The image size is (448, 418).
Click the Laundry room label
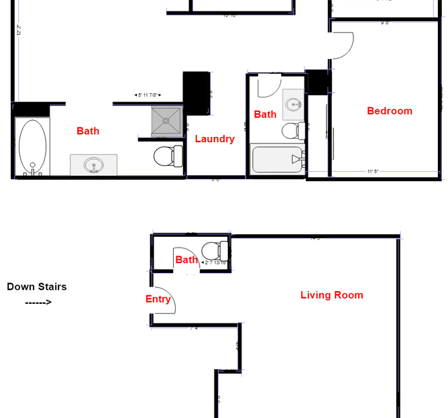(x=215, y=139)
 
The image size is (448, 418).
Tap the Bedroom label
(x=389, y=111)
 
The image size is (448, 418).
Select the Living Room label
(x=331, y=295)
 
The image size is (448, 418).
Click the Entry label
(x=158, y=299)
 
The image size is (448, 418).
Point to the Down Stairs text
(x=37, y=286)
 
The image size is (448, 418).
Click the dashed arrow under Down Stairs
(x=38, y=302)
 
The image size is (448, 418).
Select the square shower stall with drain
(x=166, y=120)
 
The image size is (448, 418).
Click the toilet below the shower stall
(x=168, y=157)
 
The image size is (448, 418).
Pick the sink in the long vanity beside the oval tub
(x=93, y=164)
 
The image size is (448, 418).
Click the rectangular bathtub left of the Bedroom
(x=277, y=159)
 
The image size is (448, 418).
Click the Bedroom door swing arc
(x=344, y=46)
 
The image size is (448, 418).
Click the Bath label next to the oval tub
(x=88, y=131)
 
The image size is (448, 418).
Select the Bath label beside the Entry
(x=186, y=260)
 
